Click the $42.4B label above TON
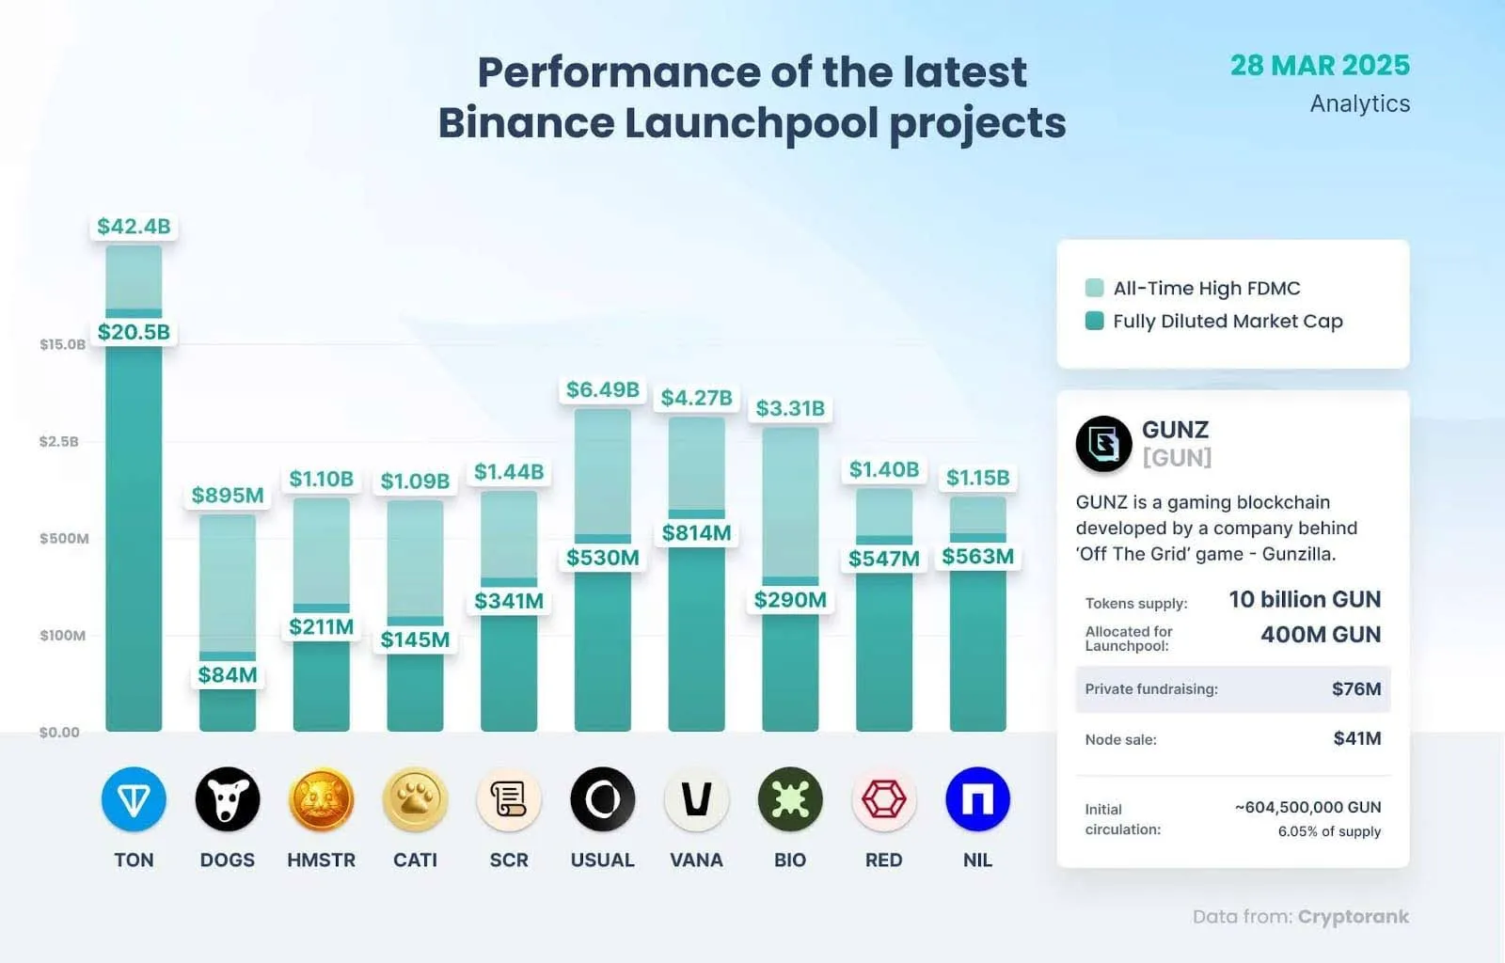coord(134,227)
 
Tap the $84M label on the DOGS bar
coord(228,674)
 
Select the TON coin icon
coord(134,799)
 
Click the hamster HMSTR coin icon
coord(321,799)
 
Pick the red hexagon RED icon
coord(883,799)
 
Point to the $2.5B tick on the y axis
coord(58,441)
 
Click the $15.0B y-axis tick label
coord(62,344)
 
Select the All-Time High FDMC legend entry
coord(1195,289)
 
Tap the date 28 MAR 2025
coord(1320,65)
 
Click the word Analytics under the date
coord(1359,103)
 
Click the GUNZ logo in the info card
coord(1103,443)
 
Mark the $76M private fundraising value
coord(1355,689)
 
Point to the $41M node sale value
coord(1356,739)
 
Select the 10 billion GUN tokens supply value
coord(1305,600)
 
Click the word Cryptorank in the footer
coord(1353,917)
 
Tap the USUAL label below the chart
coord(602,860)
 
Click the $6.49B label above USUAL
coord(602,389)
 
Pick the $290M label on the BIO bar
coord(790,600)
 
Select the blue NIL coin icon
coord(977,799)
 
